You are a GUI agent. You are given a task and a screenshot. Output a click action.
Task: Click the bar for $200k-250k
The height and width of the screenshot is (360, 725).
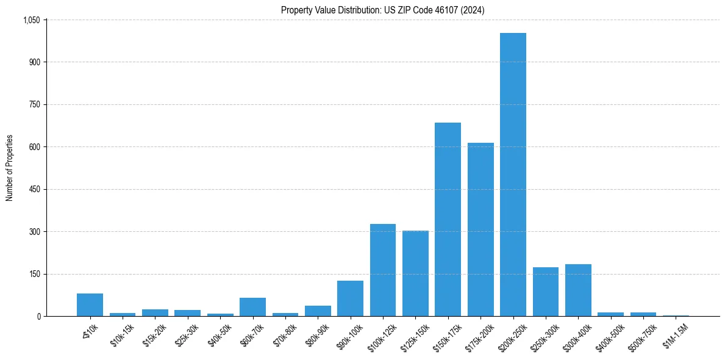click(x=513, y=175)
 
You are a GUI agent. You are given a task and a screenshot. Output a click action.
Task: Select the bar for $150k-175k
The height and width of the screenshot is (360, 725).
click(x=448, y=220)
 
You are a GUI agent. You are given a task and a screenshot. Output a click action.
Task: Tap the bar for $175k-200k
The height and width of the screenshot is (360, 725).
click(x=480, y=229)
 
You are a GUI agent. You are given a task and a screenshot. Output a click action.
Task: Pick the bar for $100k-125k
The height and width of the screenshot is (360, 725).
click(x=382, y=270)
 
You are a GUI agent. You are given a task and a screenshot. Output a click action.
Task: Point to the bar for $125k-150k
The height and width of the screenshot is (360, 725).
click(x=415, y=273)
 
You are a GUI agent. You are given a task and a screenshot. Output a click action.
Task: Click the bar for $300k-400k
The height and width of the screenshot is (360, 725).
click(x=578, y=290)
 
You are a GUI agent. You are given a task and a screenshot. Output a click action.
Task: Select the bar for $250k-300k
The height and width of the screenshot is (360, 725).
click(x=545, y=292)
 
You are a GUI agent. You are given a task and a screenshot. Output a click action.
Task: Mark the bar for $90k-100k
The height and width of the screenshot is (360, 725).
click(x=350, y=298)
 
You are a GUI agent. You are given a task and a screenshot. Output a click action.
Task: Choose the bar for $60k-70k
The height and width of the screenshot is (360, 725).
click(x=252, y=307)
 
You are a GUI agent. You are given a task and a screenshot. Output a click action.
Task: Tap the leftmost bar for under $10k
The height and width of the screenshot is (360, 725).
click(x=90, y=305)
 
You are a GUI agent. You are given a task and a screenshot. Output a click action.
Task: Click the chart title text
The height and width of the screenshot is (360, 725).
click(x=382, y=10)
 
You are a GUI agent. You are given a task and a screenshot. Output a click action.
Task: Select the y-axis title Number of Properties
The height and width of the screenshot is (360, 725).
click(x=10, y=168)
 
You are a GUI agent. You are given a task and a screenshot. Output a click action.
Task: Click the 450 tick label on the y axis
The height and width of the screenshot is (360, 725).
click(x=34, y=189)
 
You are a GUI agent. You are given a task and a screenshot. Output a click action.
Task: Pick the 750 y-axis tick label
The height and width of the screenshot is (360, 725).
click(x=34, y=105)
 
